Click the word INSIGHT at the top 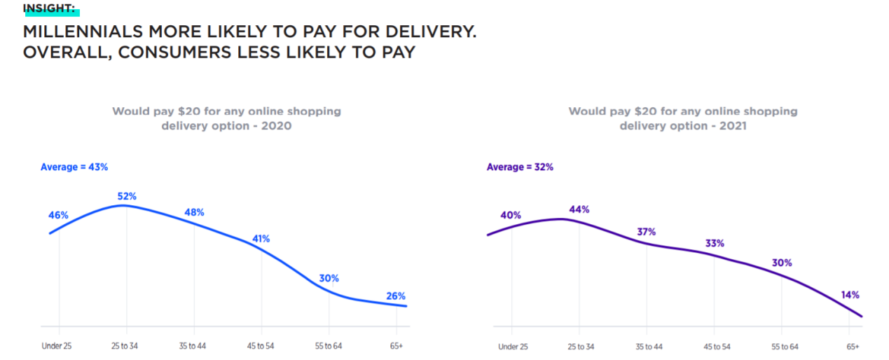pos(49,9)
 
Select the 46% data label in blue pos(59,216)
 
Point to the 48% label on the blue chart pos(193,212)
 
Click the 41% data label pos(261,238)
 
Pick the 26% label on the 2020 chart pos(396,296)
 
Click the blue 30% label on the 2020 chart pos(329,278)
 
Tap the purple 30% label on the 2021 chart pos(782,263)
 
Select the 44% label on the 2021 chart pos(579,209)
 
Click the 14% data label pos(850,295)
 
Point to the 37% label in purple pos(647,232)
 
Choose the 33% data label pos(715,243)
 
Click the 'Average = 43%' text pos(74,167)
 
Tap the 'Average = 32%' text pos(520,167)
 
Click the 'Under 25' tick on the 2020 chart pos(59,346)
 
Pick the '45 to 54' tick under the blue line pos(261,346)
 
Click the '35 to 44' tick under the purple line pos(649,347)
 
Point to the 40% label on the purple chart pos(511,215)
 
